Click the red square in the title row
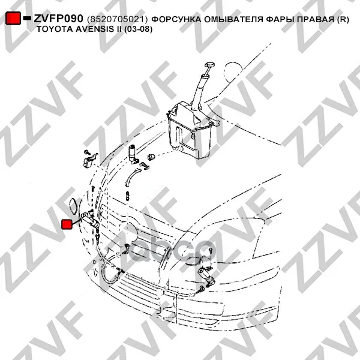click(13, 18)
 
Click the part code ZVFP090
click(58, 19)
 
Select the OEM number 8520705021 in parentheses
click(117, 20)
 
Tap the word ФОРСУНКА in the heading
click(176, 19)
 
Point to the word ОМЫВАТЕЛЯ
click(233, 19)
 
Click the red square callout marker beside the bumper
click(67, 224)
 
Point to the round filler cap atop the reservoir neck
click(209, 65)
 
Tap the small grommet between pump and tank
click(152, 157)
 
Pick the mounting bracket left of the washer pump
click(90, 160)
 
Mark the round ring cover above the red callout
click(74, 206)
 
